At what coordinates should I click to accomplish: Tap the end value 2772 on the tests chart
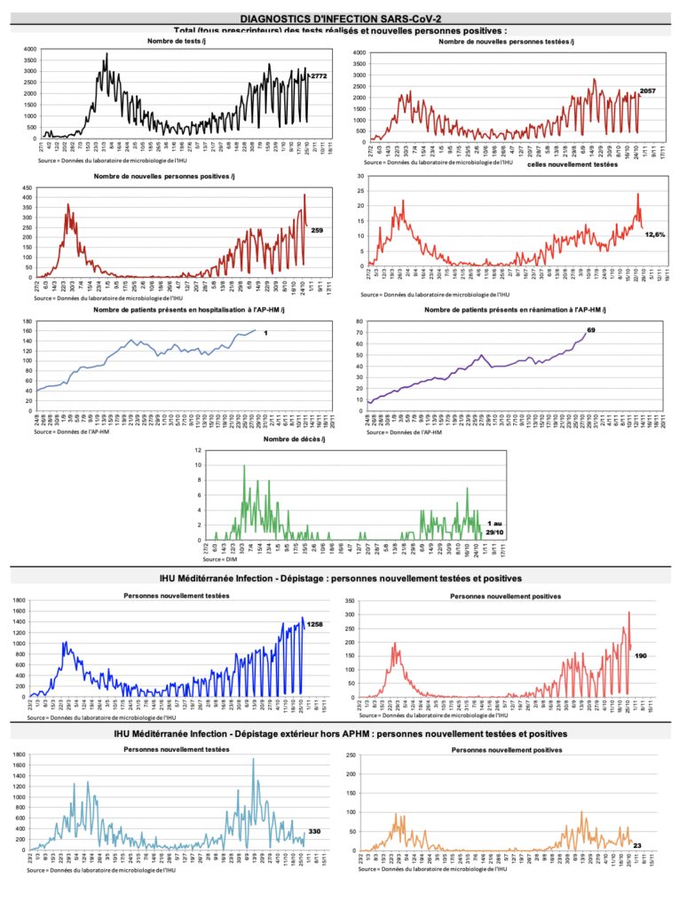[320, 77]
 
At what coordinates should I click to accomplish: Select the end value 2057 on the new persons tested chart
[647, 92]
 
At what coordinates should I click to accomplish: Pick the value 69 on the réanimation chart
[615, 330]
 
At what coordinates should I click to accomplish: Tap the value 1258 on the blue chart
[315, 625]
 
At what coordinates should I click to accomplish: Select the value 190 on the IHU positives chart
[641, 655]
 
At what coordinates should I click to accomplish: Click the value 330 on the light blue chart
[314, 832]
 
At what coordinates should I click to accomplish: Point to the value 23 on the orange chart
[637, 846]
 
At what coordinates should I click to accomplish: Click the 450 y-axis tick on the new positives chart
[29, 188]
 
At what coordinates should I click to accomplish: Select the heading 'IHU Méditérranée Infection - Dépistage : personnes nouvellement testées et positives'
[341, 578]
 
